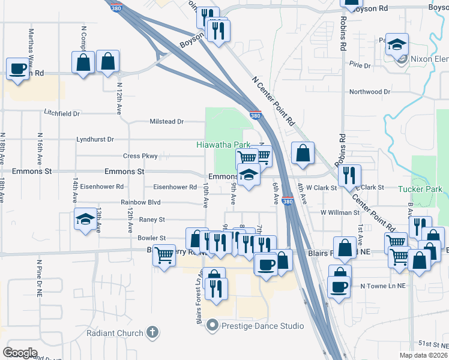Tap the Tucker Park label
tap(420, 189)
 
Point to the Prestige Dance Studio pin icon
tap(211, 326)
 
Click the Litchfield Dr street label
tap(62, 113)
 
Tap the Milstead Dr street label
tap(166, 121)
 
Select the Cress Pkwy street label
tap(140, 156)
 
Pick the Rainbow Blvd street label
tap(140, 203)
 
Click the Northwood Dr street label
tap(370, 92)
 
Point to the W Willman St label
tap(340, 212)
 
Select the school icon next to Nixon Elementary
tap(397, 45)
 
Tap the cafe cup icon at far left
tap(17, 68)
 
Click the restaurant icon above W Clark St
tap(349, 175)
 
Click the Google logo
tap(20, 353)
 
